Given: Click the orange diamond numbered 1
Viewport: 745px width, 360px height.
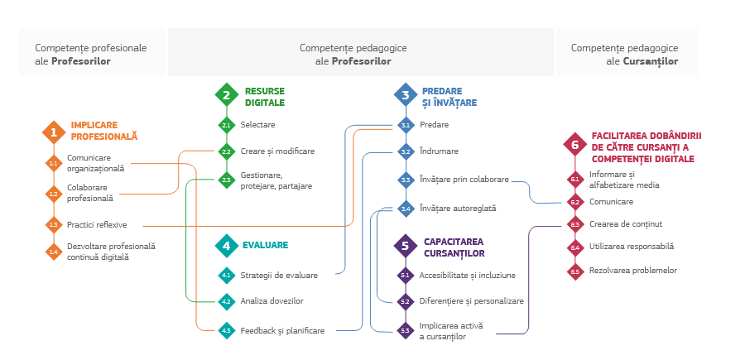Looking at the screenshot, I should tap(54, 131).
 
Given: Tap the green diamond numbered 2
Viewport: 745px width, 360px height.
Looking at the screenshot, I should tap(226, 95).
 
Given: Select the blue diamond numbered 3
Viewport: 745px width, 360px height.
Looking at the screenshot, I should tap(405, 95).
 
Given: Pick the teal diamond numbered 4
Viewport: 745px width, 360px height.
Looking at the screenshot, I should tap(226, 245).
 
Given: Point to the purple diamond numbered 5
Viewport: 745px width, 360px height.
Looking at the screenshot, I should tap(405, 245).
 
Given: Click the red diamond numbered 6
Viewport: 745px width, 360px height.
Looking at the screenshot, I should tap(574, 144).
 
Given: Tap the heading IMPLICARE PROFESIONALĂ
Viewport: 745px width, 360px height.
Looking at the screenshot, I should tap(103, 131).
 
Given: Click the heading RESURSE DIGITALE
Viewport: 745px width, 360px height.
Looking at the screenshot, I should tap(264, 97).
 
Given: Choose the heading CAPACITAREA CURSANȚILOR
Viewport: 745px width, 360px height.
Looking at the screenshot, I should tap(454, 247).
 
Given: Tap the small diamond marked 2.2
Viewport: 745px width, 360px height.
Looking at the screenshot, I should tap(226, 151).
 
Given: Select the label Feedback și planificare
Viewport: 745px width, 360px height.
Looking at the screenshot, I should tap(281, 330).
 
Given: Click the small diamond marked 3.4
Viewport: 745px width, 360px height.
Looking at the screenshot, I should tap(406, 209).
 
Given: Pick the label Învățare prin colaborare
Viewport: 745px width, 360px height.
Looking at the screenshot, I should tap(464, 179).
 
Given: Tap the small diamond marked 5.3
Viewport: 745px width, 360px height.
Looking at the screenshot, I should tap(406, 330).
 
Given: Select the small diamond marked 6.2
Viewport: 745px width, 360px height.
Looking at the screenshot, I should tap(574, 201).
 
